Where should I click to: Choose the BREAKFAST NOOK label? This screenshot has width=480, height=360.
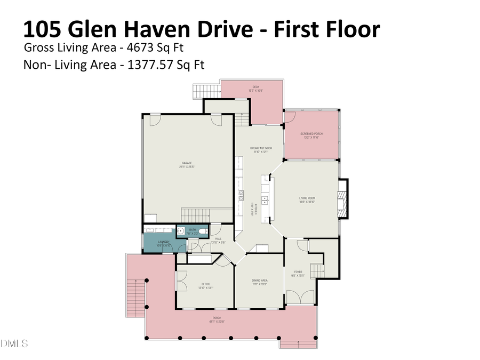click(x=261, y=149)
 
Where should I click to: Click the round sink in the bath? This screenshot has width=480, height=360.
click(x=181, y=232)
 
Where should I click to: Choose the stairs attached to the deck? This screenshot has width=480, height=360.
click(x=202, y=91)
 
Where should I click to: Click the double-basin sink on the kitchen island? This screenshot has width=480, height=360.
click(x=265, y=199)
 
